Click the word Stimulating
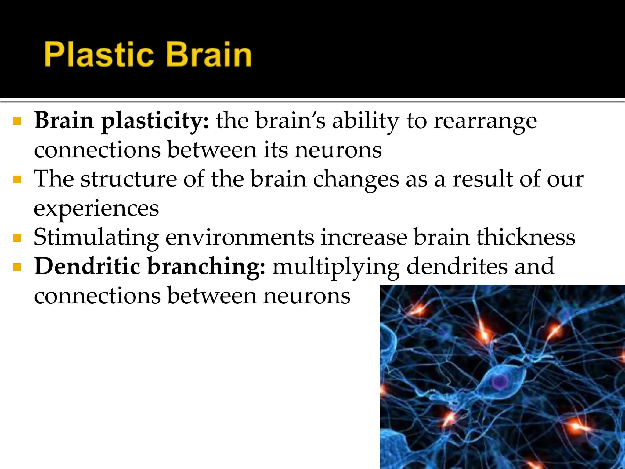(x=96, y=238)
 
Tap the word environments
(x=240, y=237)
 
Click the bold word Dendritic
(x=87, y=266)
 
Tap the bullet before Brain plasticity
(x=17, y=121)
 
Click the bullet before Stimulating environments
(x=17, y=238)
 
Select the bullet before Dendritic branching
(x=17, y=267)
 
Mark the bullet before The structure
(x=17, y=179)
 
